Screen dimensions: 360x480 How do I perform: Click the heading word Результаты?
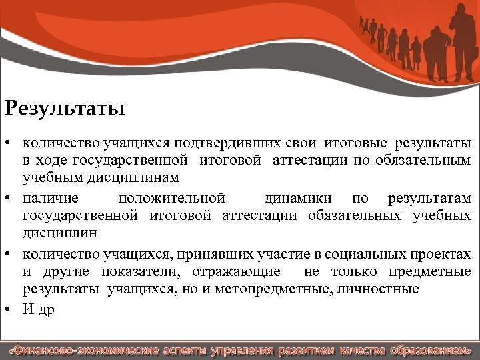[x=64, y=107]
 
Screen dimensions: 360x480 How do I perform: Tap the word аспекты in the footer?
[x=185, y=350]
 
